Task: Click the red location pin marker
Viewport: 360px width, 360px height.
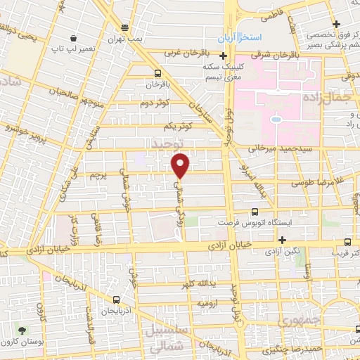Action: [x=181, y=165]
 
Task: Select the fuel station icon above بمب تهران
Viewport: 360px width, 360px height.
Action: [x=125, y=27]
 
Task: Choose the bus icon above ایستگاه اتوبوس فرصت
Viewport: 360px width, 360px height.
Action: [x=255, y=210]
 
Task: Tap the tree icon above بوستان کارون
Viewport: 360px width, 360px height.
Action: [x=23, y=330]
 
